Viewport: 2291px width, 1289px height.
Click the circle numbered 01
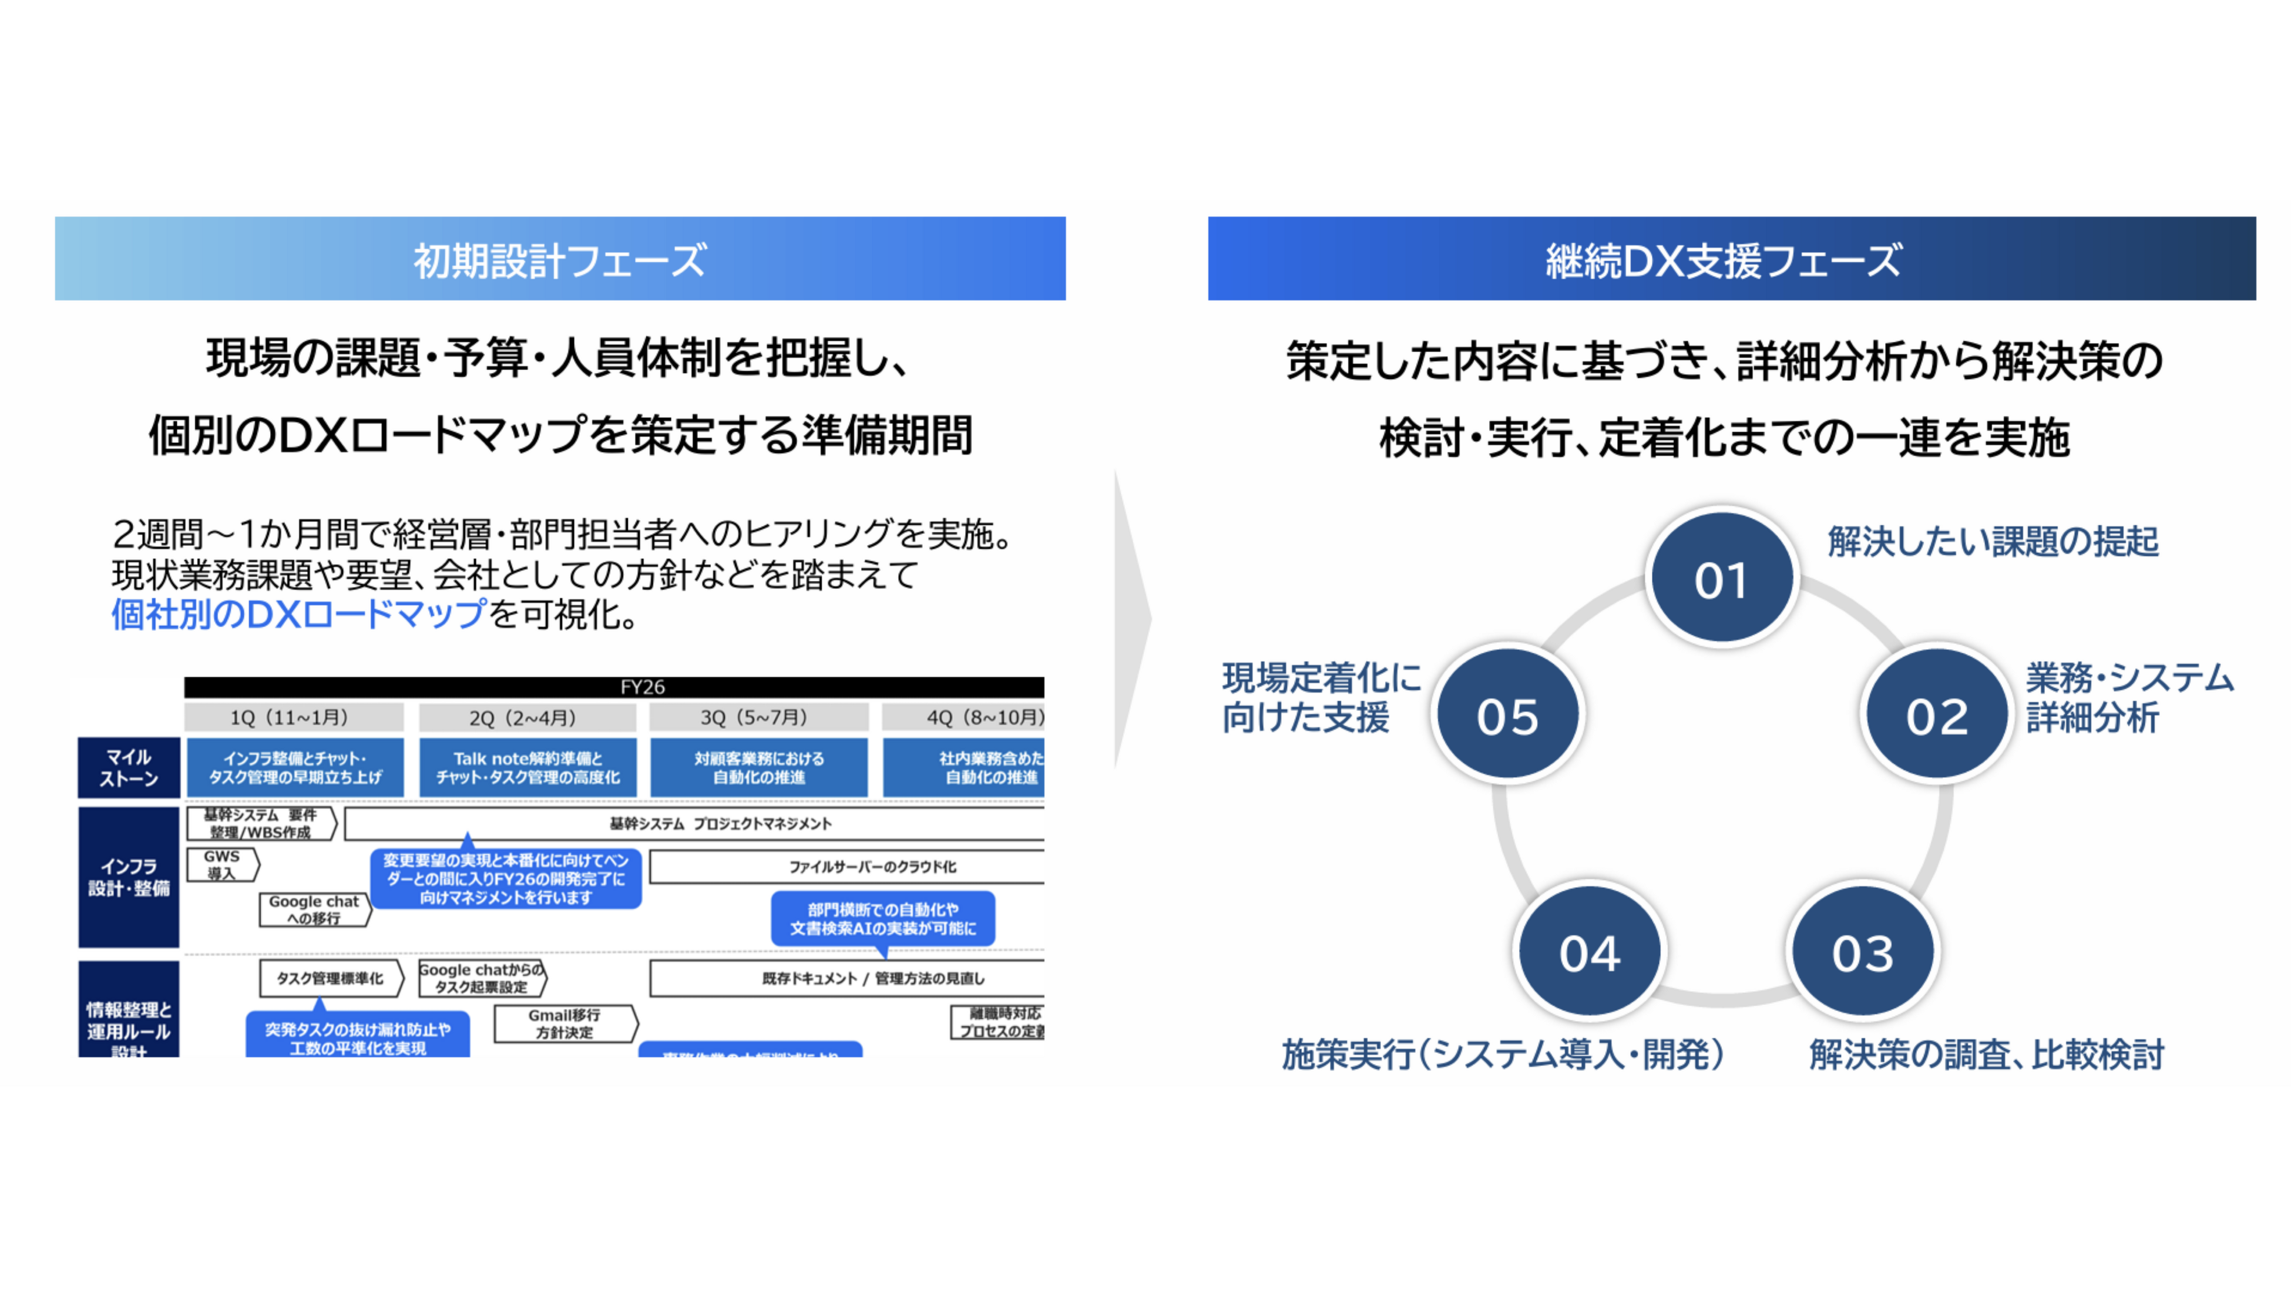(1722, 578)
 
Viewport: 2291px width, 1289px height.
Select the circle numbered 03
(1862, 951)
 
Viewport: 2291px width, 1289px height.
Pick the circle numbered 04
(1589, 951)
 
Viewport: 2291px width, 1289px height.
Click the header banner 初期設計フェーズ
(560, 259)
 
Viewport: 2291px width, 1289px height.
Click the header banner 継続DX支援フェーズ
(1731, 259)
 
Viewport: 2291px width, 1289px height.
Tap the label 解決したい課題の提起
(1992, 541)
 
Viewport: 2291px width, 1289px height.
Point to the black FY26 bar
(614, 687)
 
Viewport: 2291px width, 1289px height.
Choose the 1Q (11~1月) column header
(294, 717)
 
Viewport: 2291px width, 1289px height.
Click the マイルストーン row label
(129, 767)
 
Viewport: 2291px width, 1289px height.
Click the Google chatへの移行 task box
(314, 909)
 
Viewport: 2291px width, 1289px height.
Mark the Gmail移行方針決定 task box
(565, 1023)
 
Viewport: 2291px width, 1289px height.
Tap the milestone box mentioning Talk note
(528, 767)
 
